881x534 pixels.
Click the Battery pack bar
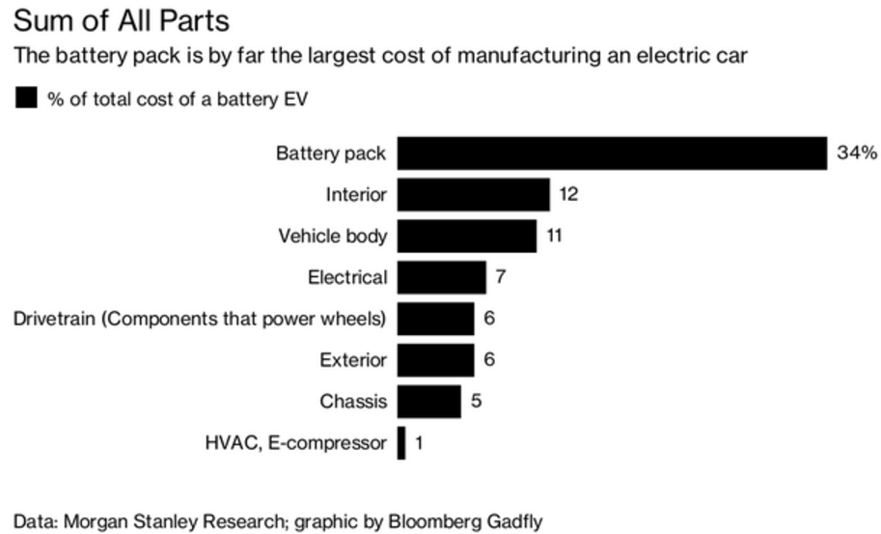coord(612,154)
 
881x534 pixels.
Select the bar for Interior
coord(473,195)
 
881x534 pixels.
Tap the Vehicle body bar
coord(466,237)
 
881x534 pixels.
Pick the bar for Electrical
coord(441,278)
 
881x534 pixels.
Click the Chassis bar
coord(428,402)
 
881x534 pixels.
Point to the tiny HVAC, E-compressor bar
coord(401,443)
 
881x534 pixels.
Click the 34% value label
coord(857,154)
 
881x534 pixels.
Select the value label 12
coord(568,195)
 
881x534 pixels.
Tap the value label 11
coord(554,237)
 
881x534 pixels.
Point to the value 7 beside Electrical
coord(501,278)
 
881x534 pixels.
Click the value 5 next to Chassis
coord(477,402)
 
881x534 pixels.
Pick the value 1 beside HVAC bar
coord(420,443)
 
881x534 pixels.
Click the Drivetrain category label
coord(200,319)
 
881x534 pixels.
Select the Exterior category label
coord(353,360)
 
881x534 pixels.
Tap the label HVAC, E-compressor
coord(295,443)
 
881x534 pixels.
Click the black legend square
coord(26,98)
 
